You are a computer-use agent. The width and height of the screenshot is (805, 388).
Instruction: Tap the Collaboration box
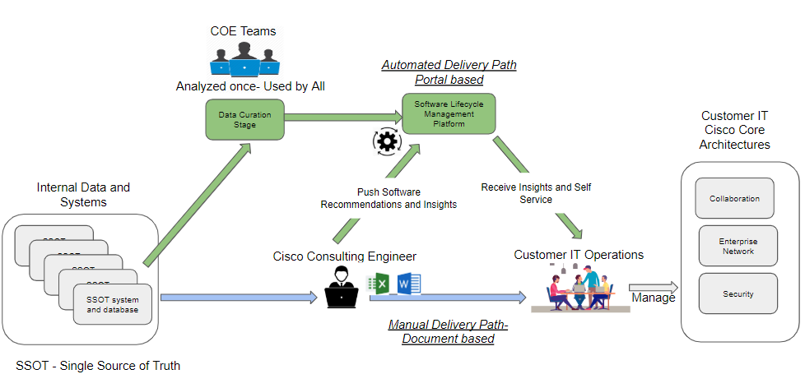click(x=734, y=198)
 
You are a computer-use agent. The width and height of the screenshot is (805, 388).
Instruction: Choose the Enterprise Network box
click(x=738, y=246)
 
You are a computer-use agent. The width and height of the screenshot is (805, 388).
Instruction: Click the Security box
click(x=738, y=293)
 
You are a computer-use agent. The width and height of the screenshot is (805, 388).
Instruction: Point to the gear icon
click(x=385, y=141)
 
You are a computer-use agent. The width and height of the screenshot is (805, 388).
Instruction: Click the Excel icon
click(x=379, y=284)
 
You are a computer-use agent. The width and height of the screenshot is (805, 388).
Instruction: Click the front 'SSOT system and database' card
click(x=106, y=303)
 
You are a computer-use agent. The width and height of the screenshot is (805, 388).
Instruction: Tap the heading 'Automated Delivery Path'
click(x=449, y=65)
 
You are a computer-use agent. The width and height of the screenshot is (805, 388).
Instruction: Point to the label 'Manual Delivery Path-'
click(x=449, y=325)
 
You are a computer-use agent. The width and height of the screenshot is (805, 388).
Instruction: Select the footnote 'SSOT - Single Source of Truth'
click(x=98, y=365)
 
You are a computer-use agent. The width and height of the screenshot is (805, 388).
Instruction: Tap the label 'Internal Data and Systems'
click(x=83, y=195)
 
